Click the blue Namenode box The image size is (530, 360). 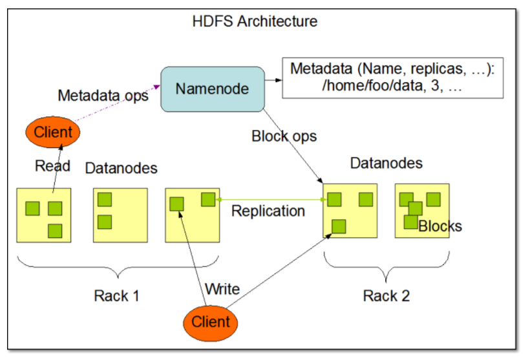(213, 89)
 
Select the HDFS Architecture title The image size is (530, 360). (255, 21)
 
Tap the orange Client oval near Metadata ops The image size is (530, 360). (53, 132)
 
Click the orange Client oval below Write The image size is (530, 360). (211, 321)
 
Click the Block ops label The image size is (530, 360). (284, 137)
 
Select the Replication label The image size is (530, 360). (268, 211)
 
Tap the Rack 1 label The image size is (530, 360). (116, 297)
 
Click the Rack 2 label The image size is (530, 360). (387, 297)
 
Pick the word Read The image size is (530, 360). (52, 166)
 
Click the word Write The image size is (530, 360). (222, 288)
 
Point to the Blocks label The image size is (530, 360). (440, 226)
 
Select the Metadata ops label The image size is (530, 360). (103, 96)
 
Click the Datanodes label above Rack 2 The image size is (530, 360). (386, 163)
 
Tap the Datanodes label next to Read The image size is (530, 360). (121, 168)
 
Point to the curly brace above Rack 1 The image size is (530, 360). (116, 265)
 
